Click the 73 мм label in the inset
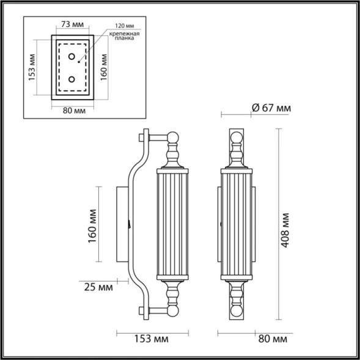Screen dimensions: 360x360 point(72,26)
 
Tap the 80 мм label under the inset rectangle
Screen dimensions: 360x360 point(72,111)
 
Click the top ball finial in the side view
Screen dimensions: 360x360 point(174,138)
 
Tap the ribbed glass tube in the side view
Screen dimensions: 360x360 point(174,226)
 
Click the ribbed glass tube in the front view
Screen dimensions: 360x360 point(237,226)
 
